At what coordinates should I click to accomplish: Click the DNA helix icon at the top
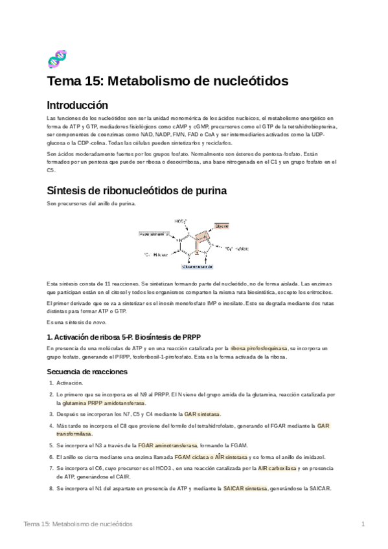[x=57, y=59]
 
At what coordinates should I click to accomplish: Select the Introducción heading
[x=78, y=105]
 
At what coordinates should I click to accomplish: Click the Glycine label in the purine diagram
[x=222, y=226]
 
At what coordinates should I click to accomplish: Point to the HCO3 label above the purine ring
[x=181, y=220]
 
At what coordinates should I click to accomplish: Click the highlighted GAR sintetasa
[x=202, y=414]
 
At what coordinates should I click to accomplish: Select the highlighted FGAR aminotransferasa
[x=167, y=445]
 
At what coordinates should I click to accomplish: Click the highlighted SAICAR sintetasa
[x=244, y=488]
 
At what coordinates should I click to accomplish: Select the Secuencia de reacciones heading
[x=87, y=372]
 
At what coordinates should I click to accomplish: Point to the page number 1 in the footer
[x=363, y=523]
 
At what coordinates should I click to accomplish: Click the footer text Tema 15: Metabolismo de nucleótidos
[x=78, y=523]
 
